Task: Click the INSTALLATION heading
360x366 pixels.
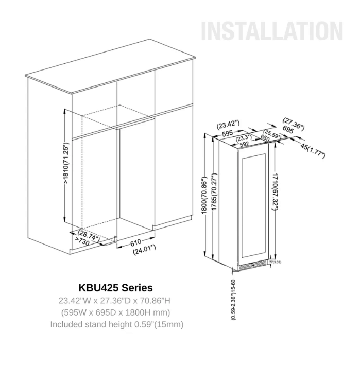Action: [x=272, y=31]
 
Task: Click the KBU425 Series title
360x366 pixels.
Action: [x=115, y=287]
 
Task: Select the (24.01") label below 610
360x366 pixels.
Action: [x=144, y=252]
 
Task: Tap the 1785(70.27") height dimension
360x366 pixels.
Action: [x=212, y=196]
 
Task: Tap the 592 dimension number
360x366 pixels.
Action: [x=244, y=144]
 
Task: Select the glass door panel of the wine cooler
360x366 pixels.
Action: [x=253, y=206]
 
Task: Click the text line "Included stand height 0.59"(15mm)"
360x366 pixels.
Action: [x=116, y=324]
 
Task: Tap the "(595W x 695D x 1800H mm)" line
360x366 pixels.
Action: [x=115, y=312]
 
